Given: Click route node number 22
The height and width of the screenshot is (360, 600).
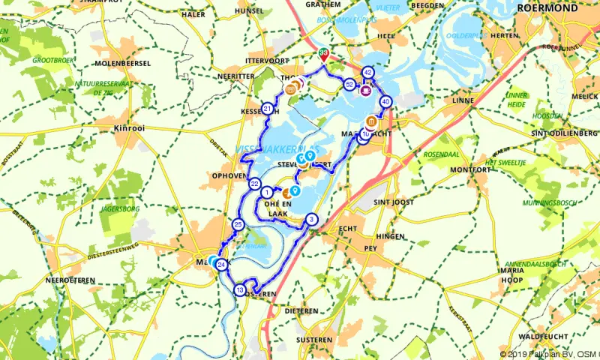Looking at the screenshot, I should pyautogui.click(x=255, y=184).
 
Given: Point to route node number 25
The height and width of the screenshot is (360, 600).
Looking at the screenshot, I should pyautogui.click(x=238, y=224).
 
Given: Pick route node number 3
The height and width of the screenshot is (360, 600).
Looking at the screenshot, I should pyautogui.click(x=312, y=220).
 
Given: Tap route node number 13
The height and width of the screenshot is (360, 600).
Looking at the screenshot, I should pyautogui.click(x=240, y=290).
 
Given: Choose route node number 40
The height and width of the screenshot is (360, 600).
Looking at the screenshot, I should pyautogui.click(x=385, y=101).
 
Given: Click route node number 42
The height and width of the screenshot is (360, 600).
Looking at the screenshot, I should pyautogui.click(x=367, y=73).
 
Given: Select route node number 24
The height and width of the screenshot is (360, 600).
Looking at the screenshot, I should pyautogui.click(x=221, y=264).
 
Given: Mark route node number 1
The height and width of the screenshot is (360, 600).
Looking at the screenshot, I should pyautogui.click(x=268, y=192).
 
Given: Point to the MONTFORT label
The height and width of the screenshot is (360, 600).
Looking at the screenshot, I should pyautogui.click(x=472, y=170).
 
